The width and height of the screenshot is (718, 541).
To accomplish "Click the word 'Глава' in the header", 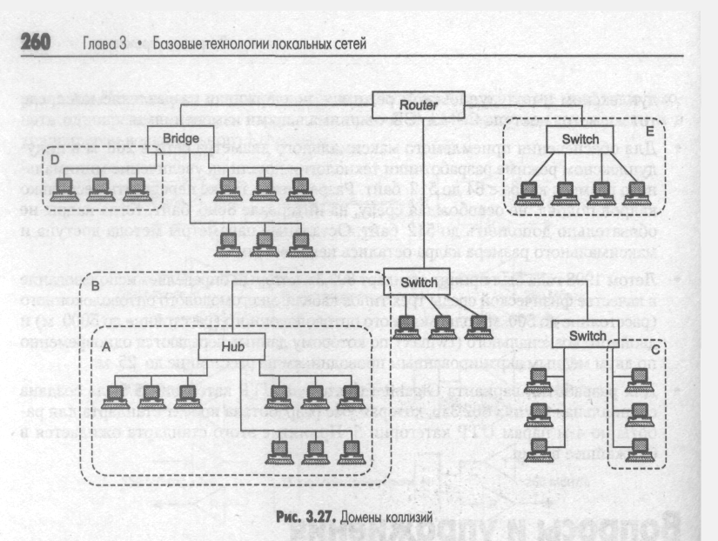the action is click(x=98, y=43).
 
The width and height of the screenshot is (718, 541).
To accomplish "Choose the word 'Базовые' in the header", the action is click(x=178, y=43).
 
